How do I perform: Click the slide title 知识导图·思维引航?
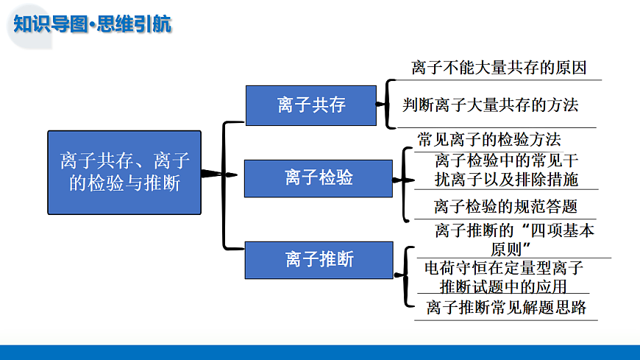pyautogui.click(x=93, y=24)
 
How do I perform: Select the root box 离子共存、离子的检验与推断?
pyautogui.click(x=124, y=172)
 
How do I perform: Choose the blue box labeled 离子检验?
pyautogui.click(x=319, y=177)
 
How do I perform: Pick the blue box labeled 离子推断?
pyautogui.click(x=319, y=259)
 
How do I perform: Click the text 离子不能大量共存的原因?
pyautogui.click(x=499, y=68)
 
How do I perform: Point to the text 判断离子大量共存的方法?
pyautogui.click(x=491, y=105)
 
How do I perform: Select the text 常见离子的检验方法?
pyautogui.click(x=489, y=139)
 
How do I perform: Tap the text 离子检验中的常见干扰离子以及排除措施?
pyautogui.click(x=506, y=169)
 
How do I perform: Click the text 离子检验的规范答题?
pyautogui.click(x=505, y=206)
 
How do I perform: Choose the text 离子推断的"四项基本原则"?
pyautogui.click(x=514, y=239)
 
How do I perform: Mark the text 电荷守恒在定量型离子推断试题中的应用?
pyautogui.click(x=504, y=277)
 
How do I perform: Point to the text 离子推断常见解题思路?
pyautogui.click(x=506, y=308)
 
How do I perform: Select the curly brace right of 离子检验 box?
pyautogui.click(x=404, y=180)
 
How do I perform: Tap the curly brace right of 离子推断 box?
pyautogui.click(x=405, y=276)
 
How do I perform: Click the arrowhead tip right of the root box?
pyautogui.click(x=235, y=174)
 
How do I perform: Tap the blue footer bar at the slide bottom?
pyautogui.click(x=320, y=352)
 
